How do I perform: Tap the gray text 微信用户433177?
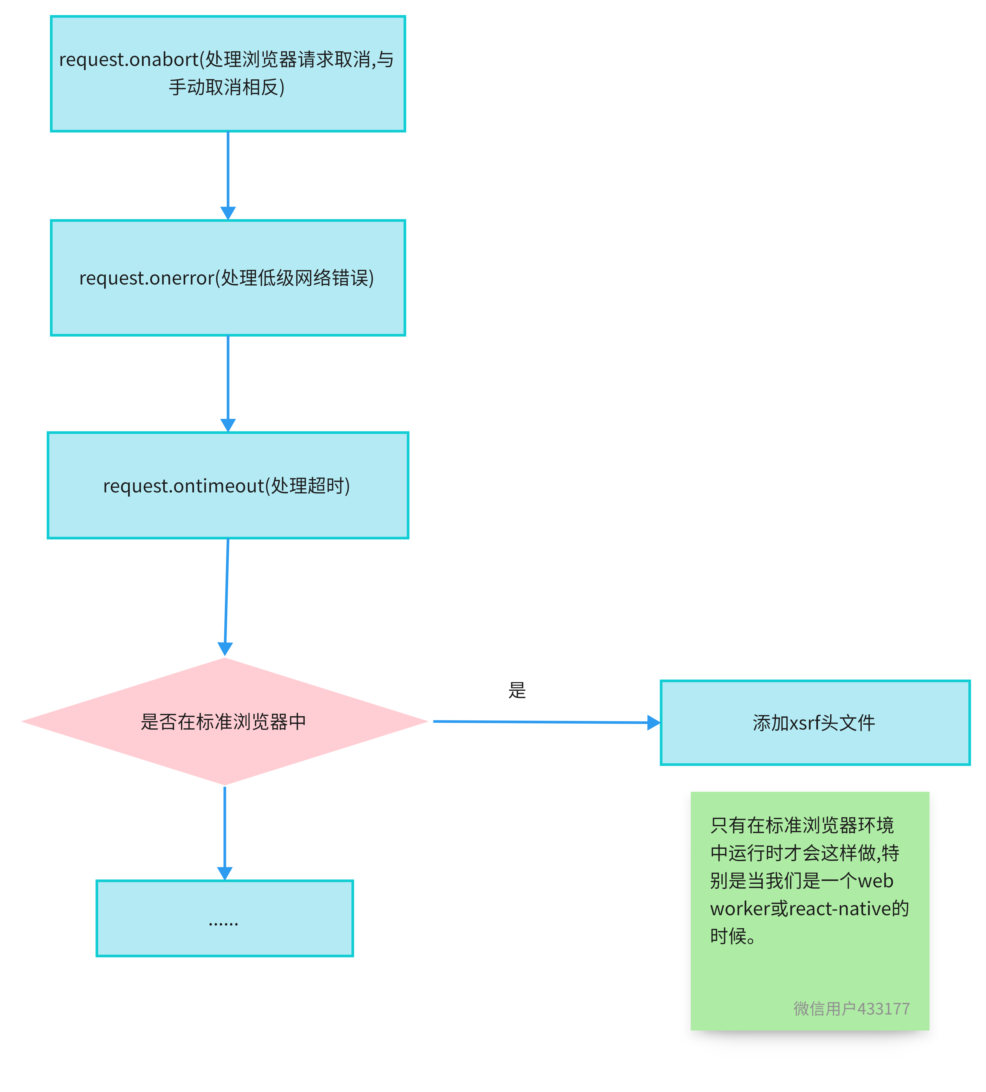(851, 1009)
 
